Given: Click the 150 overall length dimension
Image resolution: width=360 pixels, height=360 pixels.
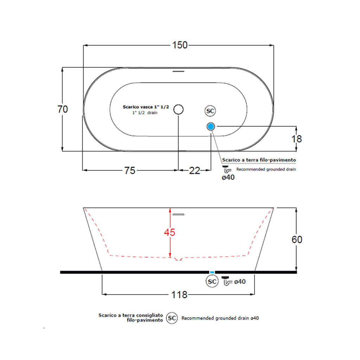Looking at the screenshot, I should click(x=180, y=45).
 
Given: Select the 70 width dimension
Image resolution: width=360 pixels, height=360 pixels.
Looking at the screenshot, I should click(x=63, y=109).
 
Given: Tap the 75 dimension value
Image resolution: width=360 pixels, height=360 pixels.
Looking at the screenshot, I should click(x=129, y=171).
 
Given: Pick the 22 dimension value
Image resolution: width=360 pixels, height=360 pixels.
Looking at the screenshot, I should click(x=194, y=171).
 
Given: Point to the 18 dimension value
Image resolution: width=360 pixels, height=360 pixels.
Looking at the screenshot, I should click(x=297, y=139).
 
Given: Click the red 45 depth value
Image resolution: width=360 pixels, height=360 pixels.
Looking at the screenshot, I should click(x=169, y=232).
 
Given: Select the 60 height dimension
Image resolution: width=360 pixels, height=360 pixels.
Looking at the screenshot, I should click(x=297, y=239).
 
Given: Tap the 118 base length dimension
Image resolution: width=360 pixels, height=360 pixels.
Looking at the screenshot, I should click(x=180, y=295).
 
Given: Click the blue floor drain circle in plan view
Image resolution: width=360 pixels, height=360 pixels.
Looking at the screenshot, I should click(x=211, y=126).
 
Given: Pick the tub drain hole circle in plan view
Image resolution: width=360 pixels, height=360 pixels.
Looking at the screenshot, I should click(x=179, y=109).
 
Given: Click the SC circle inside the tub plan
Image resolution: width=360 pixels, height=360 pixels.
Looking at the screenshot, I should click(x=210, y=111).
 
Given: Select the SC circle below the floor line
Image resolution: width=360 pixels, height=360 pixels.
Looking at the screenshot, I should click(x=212, y=282).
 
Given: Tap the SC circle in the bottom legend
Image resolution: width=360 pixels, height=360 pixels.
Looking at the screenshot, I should click(x=172, y=318).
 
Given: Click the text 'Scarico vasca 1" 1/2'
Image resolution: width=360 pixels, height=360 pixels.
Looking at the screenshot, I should click(x=146, y=107).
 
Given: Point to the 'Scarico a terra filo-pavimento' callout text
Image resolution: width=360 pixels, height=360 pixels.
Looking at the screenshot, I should click(x=259, y=160).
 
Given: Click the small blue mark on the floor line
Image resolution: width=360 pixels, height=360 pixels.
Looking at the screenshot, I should click(x=212, y=272).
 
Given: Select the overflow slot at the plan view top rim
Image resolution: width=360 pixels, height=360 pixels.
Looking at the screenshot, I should click(x=179, y=71).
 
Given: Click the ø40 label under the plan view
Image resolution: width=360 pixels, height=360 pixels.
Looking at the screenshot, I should click(x=228, y=178).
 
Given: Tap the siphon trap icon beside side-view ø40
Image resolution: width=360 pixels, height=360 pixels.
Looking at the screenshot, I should click(x=227, y=281).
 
